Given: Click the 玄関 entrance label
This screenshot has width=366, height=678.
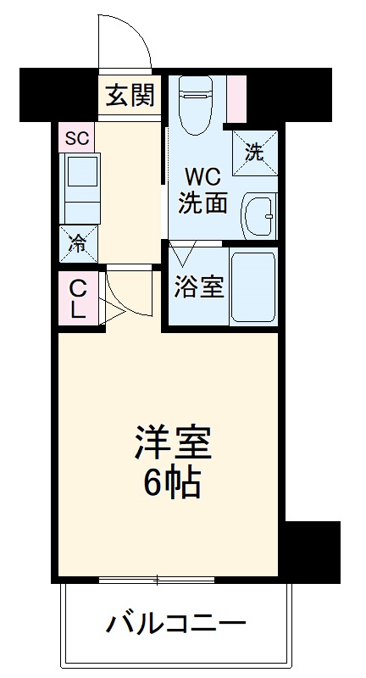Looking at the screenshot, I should coord(130,95).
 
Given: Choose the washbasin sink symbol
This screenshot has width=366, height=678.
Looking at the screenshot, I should coord(258,216).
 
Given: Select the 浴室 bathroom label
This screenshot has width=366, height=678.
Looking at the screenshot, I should coord(199,286).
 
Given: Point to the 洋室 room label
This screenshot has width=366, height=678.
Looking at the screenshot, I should coord(169,442).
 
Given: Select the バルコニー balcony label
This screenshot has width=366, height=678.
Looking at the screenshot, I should coord(175,626).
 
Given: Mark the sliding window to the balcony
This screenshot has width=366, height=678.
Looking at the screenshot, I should coord(158,581).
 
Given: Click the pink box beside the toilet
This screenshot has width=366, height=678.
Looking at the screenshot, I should coord(236,96).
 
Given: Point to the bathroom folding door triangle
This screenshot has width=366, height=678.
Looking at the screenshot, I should coord(182,253).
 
